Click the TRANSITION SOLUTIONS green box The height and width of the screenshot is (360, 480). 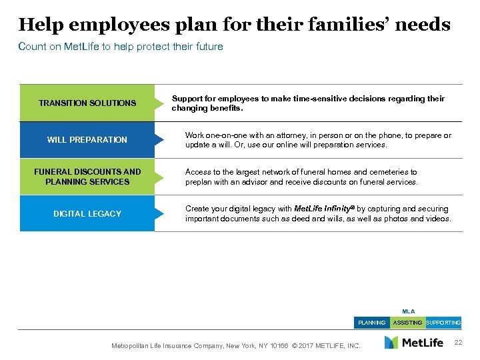pos(87,103)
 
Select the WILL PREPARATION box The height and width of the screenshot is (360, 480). pos(87,140)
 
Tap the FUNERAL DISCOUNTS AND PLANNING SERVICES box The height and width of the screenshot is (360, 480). pos(87,177)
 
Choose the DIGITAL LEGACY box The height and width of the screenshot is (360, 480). pos(87,213)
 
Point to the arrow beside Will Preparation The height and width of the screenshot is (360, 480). pos(159,140)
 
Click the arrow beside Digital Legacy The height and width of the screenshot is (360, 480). pos(159,213)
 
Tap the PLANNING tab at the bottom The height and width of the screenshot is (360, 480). pos(371,323)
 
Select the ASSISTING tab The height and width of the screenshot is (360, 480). pos(407,323)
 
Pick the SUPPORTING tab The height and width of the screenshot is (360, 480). pos(443,323)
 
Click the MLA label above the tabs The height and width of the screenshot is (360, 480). pos(407,311)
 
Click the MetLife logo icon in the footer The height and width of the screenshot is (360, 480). pos(391,343)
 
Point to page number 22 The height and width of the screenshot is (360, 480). pos(457,343)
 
